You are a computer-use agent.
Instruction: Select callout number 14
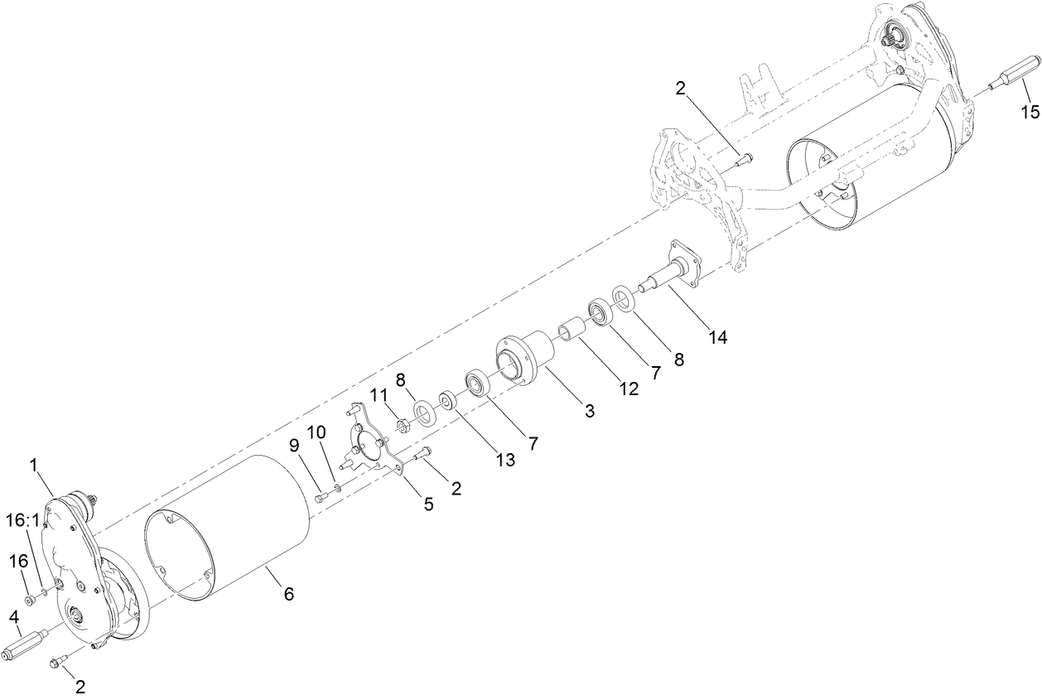tap(718, 337)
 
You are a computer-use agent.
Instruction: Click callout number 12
tap(630, 389)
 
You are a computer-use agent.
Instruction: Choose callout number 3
tap(589, 410)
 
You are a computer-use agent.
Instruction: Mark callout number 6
tap(288, 593)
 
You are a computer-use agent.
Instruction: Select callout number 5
tap(428, 504)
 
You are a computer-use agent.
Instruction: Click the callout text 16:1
tap(23, 519)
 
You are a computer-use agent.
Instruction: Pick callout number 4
tap(14, 617)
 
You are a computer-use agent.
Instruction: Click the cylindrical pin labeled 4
tap(27, 643)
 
